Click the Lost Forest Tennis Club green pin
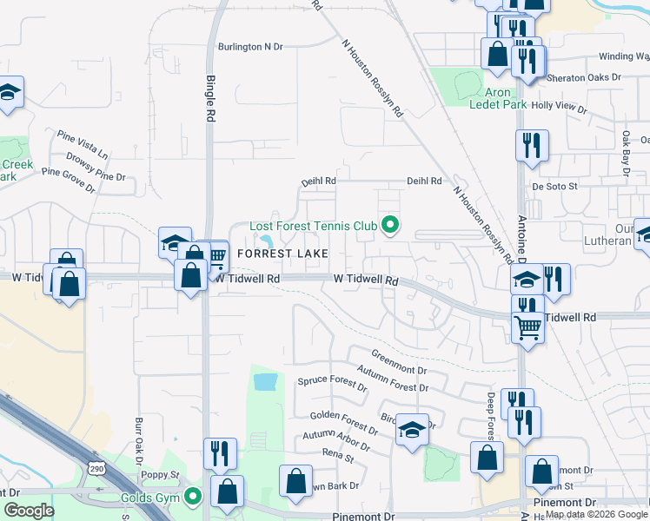(x=390, y=226)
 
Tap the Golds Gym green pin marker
(x=193, y=497)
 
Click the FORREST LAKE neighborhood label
(x=282, y=254)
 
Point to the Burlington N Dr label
(x=251, y=47)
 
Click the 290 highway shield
(x=95, y=468)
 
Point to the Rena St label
(x=338, y=455)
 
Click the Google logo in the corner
(x=29, y=511)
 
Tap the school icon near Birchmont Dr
(x=411, y=430)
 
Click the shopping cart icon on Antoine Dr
(x=528, y=328)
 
